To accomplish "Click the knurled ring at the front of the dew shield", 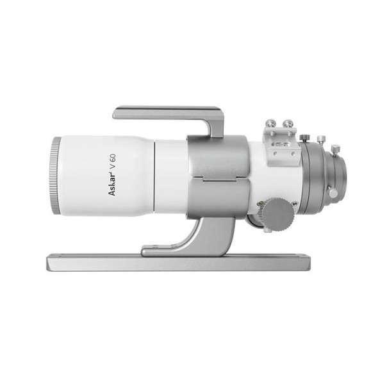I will [x=55, y=177].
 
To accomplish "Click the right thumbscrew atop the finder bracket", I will [x=288, y=120].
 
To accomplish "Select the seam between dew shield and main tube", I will [x=155, y=176].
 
